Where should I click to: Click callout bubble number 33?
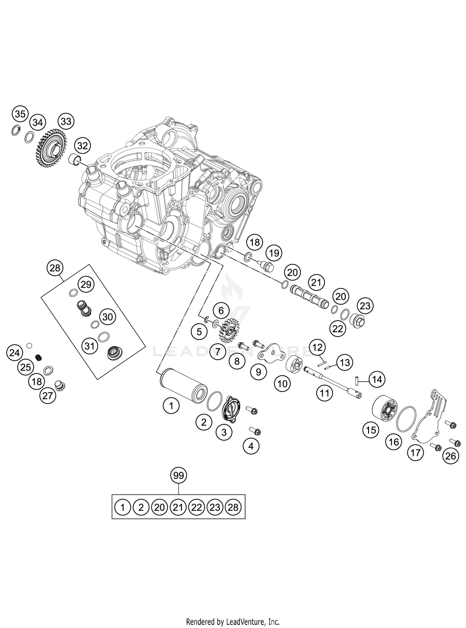pos(66,121)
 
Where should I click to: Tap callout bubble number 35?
pos(20,114)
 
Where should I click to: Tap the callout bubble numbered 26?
pos(451,456)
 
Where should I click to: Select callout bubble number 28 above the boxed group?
pos(55,268)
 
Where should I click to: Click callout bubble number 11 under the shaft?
pos(325,394)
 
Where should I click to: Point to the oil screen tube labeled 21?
pos(309,297)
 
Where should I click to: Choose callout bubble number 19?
pos(274,253)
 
